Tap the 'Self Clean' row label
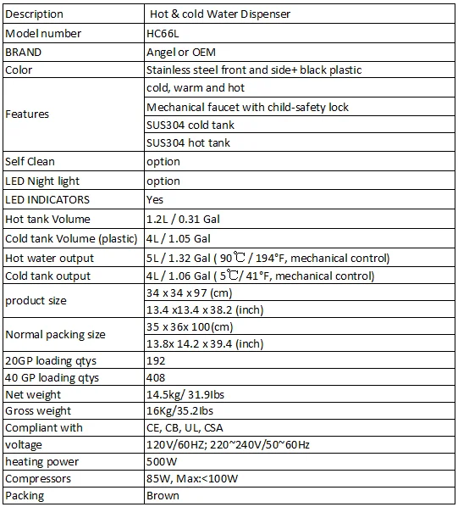(30, 161)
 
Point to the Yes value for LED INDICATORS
(155, 200)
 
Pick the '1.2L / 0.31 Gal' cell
(184, 219)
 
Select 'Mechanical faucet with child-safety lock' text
(247, 108)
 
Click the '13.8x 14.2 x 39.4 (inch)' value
(205, 343)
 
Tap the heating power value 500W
(161, 461)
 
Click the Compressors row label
(38, 478)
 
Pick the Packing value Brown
(163, 495)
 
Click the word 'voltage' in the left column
(24, 444)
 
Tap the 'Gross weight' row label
(38, 411)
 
